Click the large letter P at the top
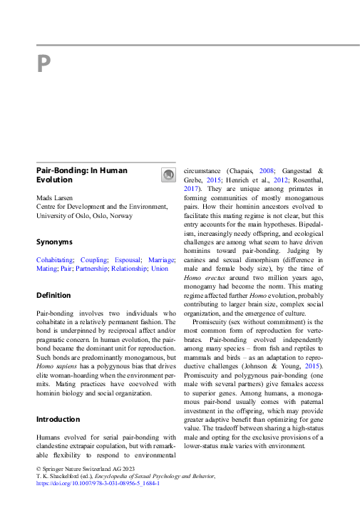[x=43, y=66]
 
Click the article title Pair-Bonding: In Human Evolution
[x=81, y=175]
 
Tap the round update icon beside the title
[x=168, y=175]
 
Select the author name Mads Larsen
[x=56, y=197]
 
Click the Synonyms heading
[x=54, y=242]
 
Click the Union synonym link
[x=160, y=269]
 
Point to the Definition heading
[x=53, y=295]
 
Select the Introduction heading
[x=58, y=419]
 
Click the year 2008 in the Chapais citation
[x=267, y=171]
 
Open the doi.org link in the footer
[x=98, y=482]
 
